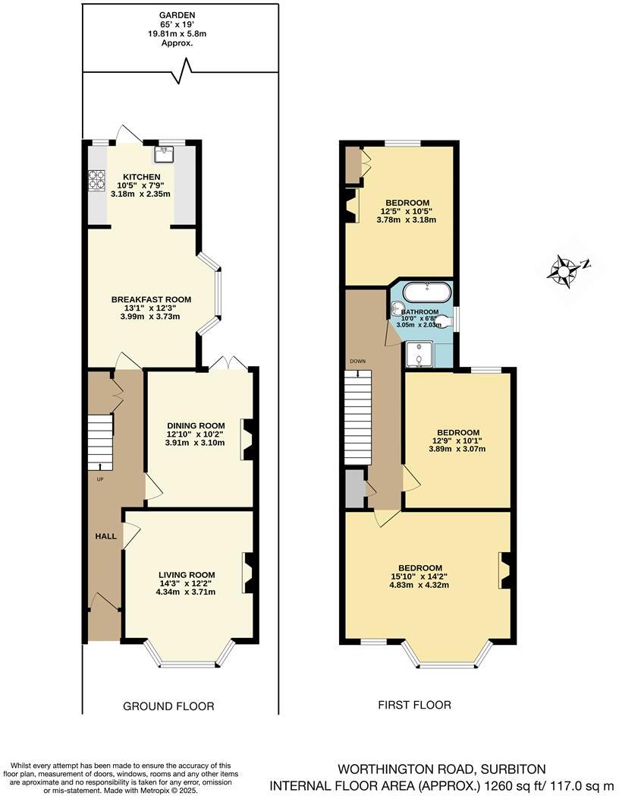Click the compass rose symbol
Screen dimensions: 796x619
pyautogui.click(x=566, y=270)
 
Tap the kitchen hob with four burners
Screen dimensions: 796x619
pyautogui.click(x=97, y=180)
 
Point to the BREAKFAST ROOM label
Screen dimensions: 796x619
pyautogui.click(x=151, y=299)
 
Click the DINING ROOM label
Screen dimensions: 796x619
pyautogui.click(x=196, y=425)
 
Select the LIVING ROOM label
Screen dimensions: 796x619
pyautogui.click(x=187, y=574)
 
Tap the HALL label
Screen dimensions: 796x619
pyautogui.click(x=105, y=536)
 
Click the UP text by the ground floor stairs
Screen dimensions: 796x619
pyautogui.click(x=99, y=479)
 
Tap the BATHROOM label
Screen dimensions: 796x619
pyautogui.click(x=419, y=311)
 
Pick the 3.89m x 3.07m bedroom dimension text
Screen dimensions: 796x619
pyautogui.click(x=457, y=448)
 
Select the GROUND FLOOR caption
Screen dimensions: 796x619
pyautogui.click(x=168, y=706)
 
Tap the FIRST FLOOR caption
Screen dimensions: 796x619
pyautogui.click(x=414, y=705)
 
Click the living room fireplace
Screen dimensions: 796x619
pyautogui.click(x=248, y=572)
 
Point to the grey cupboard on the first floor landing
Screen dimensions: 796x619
pyautogui.click(x=353, y=488)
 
